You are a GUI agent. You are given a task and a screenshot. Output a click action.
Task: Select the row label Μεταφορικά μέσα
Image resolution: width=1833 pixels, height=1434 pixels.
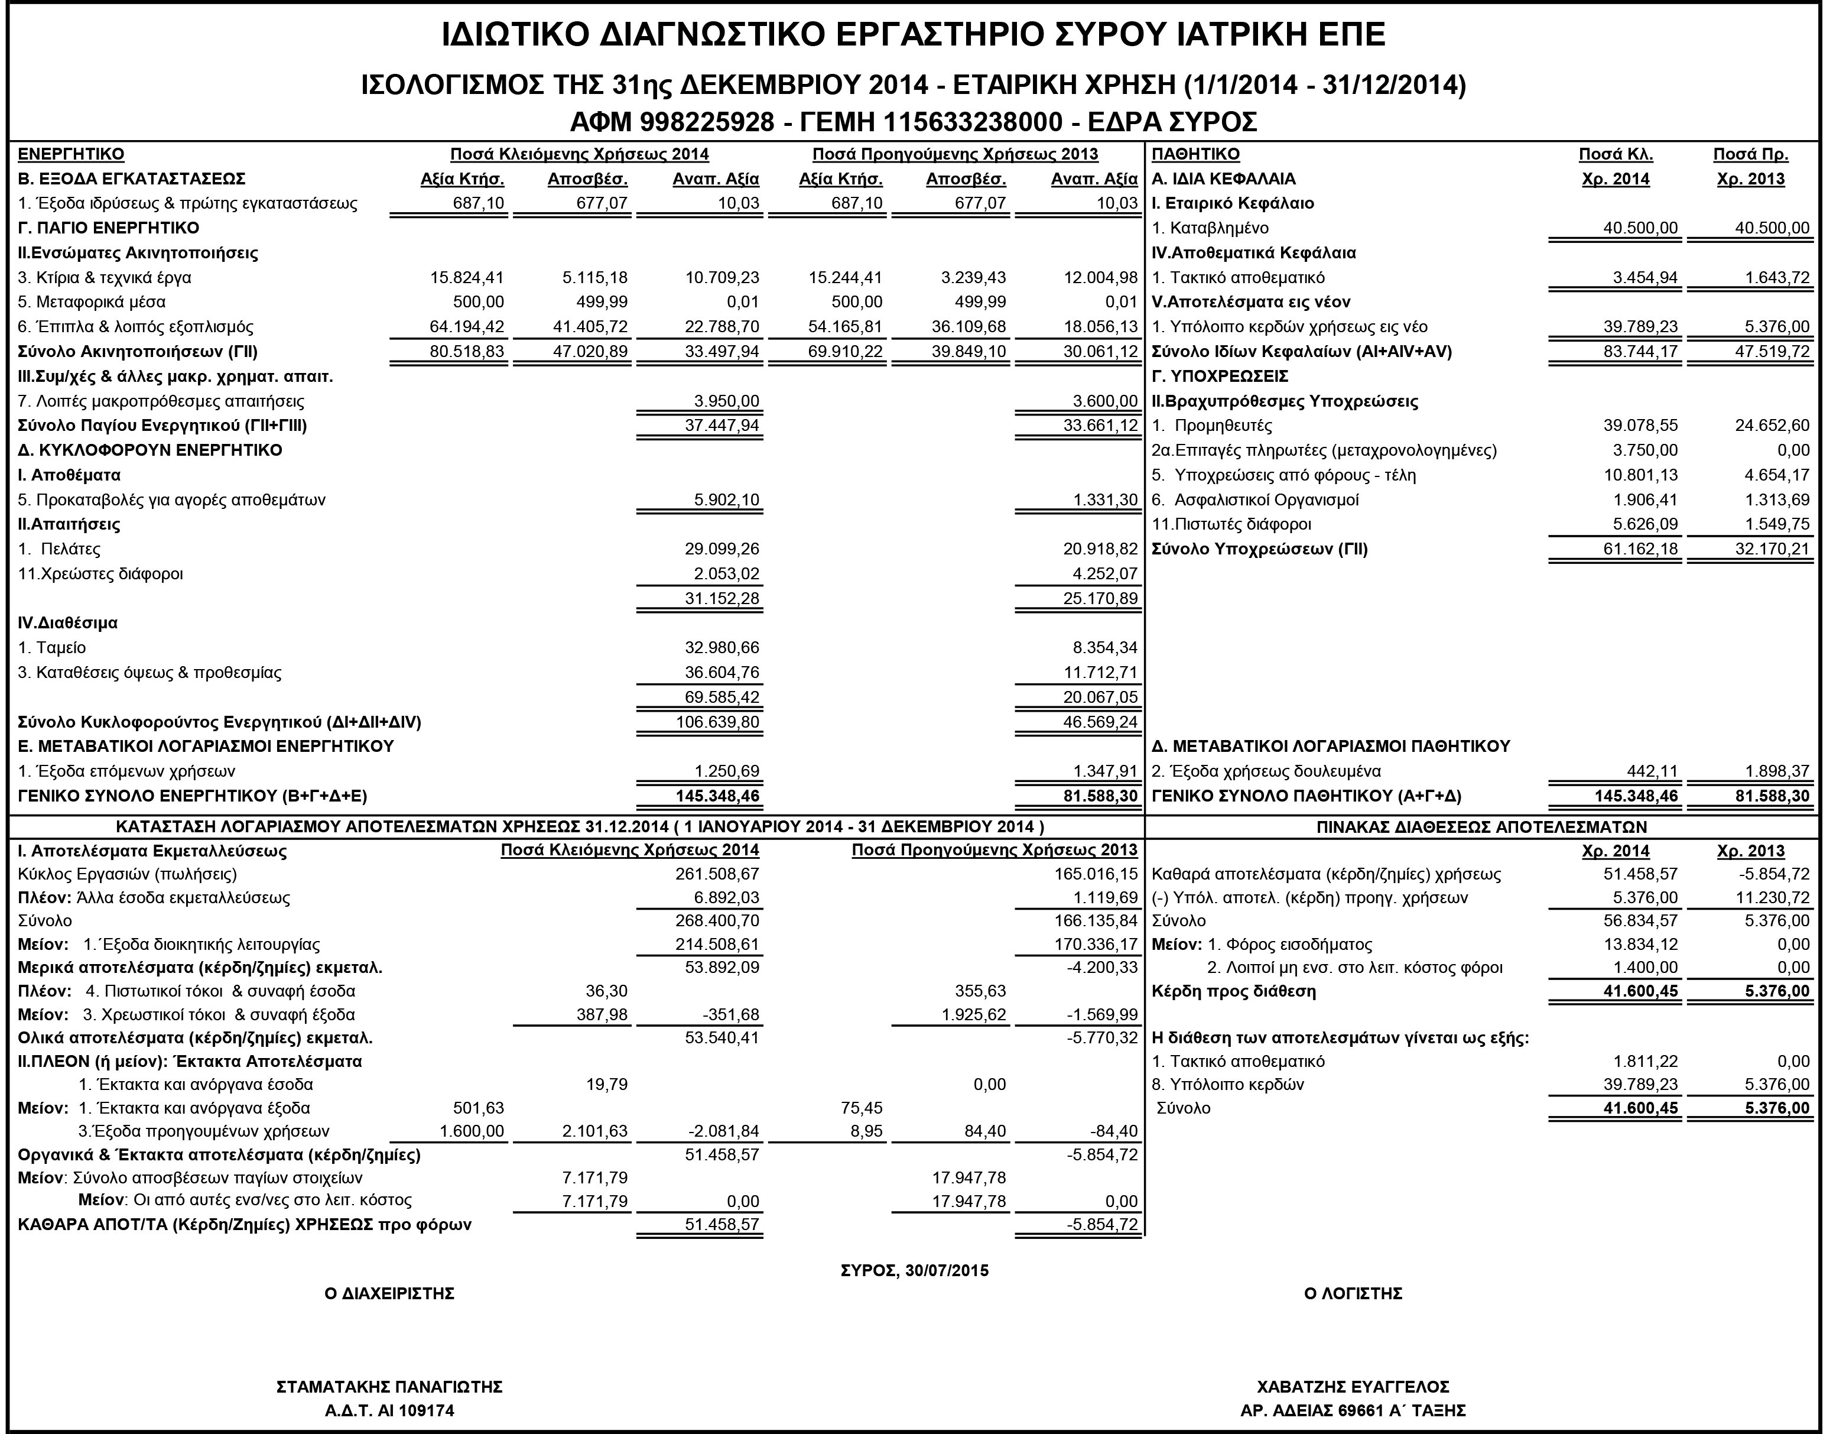point(92,302)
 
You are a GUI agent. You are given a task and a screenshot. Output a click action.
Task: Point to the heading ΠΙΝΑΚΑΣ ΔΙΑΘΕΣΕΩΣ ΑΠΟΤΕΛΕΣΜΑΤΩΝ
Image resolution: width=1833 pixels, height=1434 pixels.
point(1481,827)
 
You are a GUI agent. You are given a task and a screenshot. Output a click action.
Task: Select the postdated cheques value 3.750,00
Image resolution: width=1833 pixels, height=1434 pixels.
point(1645,450)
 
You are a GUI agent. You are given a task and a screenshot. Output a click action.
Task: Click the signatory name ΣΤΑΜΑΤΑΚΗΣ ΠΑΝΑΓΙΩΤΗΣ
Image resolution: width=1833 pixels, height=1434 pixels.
point(389,1387)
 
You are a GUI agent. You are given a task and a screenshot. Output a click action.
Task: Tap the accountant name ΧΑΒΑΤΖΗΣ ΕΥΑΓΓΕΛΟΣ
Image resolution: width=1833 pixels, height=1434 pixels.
point(1353,1387)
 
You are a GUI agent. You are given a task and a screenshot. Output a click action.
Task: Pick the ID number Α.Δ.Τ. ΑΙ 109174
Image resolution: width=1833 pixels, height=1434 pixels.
point(389,1410)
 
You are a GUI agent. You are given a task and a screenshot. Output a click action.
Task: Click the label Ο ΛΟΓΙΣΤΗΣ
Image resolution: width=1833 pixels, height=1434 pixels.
point(1353,1294)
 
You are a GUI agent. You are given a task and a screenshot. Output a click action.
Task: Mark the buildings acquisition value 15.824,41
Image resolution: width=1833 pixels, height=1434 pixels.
point(467,278)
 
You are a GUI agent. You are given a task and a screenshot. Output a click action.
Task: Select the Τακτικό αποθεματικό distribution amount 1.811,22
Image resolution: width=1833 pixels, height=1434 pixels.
point(1645,1061)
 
